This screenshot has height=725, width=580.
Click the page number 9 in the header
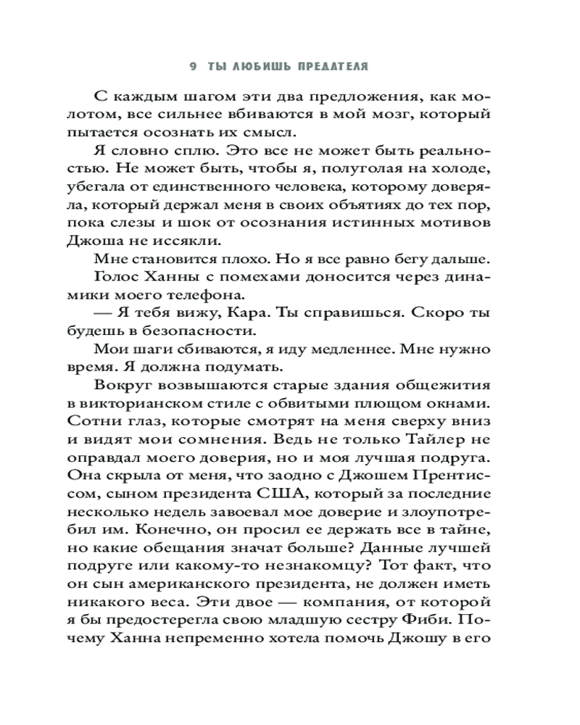(x=193, y=66)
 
